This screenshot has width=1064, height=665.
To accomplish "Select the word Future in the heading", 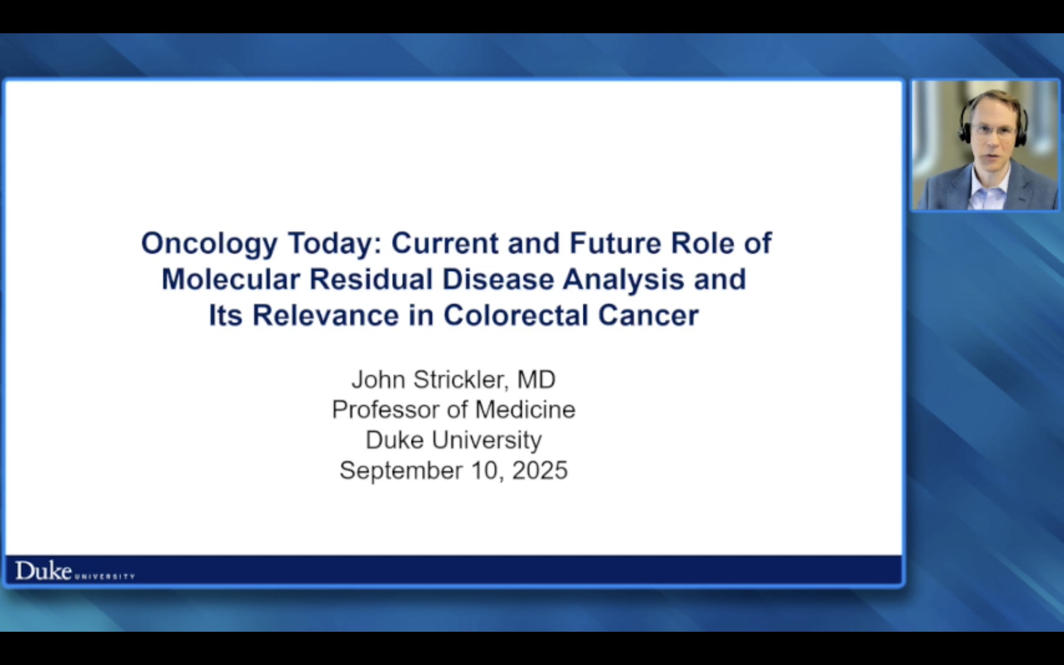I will pos(615,243).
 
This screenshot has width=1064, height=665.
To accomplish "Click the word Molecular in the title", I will pos(231,279).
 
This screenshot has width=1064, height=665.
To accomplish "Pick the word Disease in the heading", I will pos(498,279).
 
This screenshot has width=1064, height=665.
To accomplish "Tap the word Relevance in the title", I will pos(325,316).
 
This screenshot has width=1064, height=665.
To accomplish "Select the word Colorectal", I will pos(516,316).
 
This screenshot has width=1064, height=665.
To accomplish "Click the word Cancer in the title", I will pos(648,316).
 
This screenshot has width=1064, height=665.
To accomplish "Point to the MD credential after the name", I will pos(536,379).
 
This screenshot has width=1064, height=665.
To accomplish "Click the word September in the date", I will pos(400,470).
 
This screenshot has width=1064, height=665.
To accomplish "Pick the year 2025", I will pos(540,470).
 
